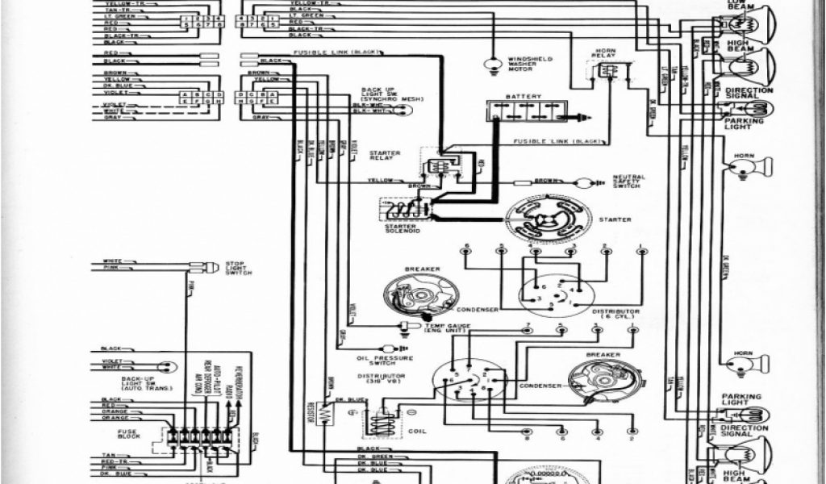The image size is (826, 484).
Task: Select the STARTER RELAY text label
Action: tap(385, 156)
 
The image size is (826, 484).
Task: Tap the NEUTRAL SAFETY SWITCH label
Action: tap(630, 181)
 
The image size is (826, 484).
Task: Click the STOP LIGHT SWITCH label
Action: tap(239, 269)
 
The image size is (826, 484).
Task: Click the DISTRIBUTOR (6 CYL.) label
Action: tap(615, 314)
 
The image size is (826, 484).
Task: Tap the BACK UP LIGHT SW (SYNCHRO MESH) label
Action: tap(382, 96)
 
